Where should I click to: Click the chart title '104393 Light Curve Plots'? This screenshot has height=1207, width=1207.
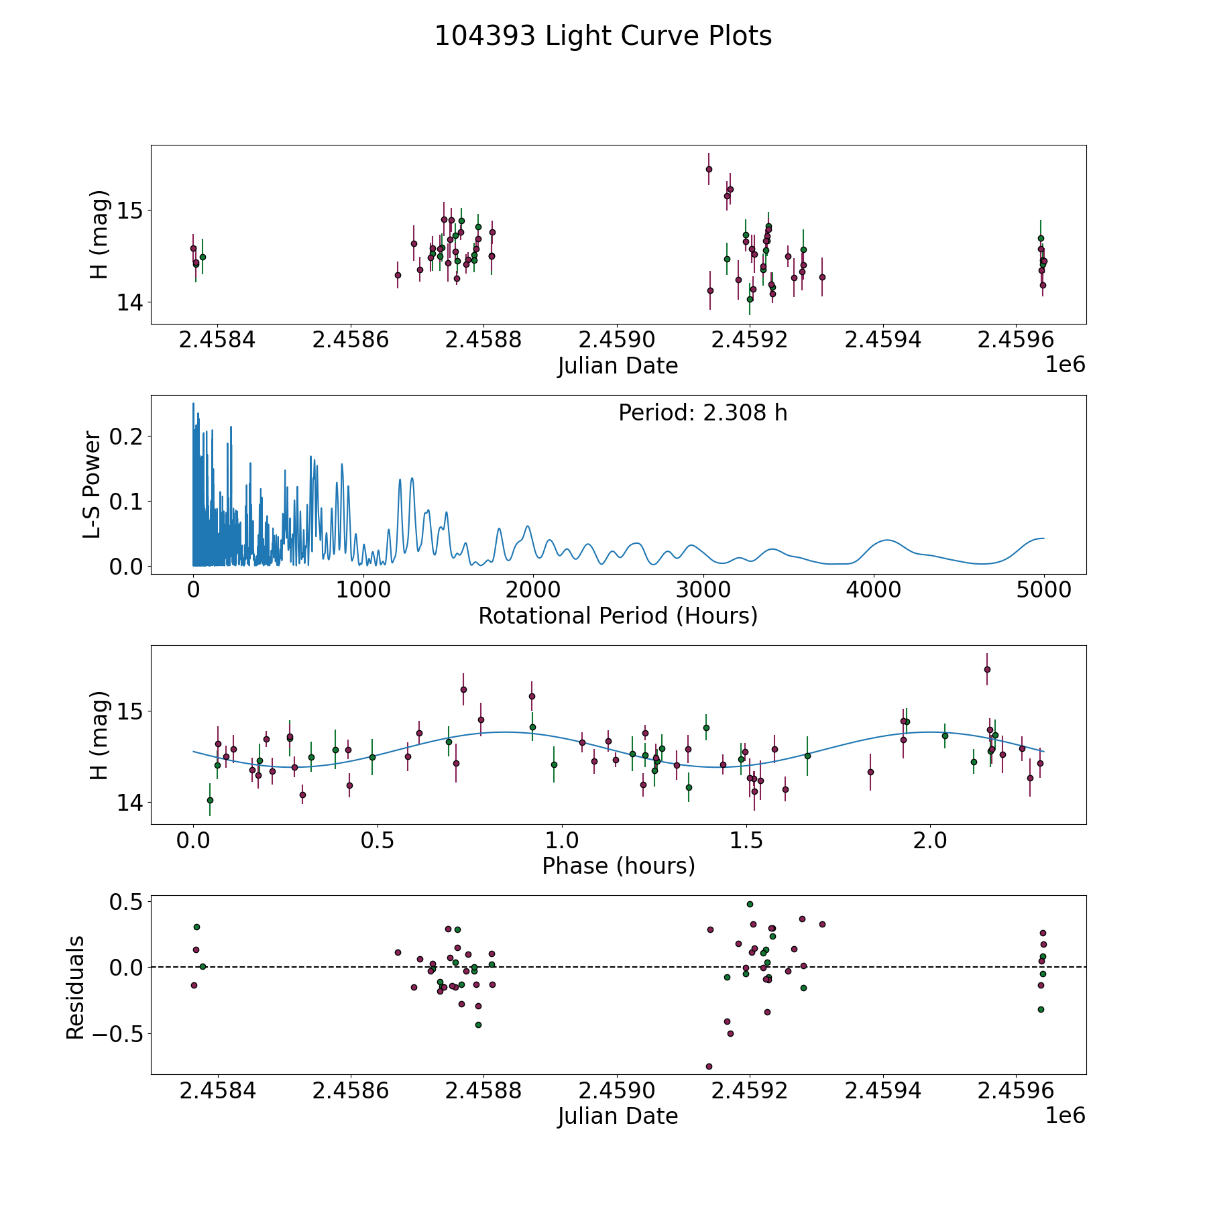[x=603, y=36]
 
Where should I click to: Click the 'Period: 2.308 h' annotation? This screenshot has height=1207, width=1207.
[x=703, y=413]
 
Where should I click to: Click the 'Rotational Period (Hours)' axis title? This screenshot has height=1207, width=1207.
[x=618, y=616]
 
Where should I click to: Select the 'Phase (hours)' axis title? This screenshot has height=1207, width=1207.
[x=618, y=866]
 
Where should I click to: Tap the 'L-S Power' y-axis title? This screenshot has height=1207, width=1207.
[x=93, y=485]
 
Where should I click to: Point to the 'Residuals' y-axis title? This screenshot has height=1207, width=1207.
[x=75, y=988]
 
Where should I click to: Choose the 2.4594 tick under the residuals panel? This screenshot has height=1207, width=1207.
[x=882, y=1091]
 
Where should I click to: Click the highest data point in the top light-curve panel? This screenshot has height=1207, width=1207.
[x=709, y=169]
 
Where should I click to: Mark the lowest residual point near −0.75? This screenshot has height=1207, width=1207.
[x=709, y=1066]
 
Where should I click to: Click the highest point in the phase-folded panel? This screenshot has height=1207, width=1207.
[x=987, y=669]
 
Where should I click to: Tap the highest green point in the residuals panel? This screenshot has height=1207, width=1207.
[x=750, y=904]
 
